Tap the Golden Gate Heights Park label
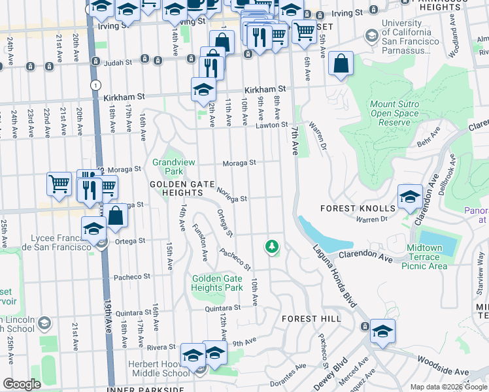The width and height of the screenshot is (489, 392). pos(217,283)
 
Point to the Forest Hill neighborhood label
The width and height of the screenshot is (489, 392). pos(311,318)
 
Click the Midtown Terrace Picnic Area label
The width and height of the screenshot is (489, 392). pos(428,257)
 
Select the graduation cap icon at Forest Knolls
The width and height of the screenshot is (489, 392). pos(410,196)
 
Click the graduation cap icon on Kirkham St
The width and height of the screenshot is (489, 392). pos(203,90)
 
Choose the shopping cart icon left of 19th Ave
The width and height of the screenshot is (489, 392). pos(59,184)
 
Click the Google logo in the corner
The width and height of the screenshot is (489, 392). pos(21,384)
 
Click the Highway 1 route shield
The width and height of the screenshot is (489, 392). pos(97,85)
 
